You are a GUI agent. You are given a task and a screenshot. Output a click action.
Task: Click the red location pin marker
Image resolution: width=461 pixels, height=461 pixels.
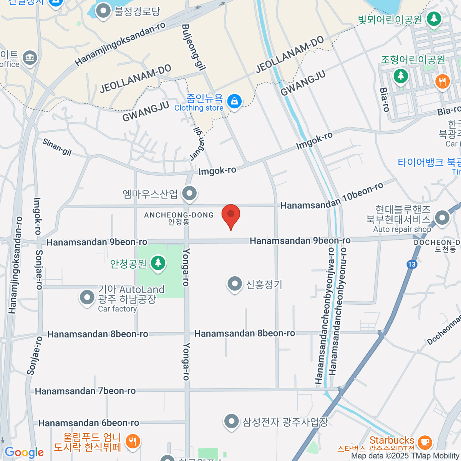(x=231, y=215)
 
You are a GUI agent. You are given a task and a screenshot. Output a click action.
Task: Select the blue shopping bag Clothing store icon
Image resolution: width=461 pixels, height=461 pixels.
(x=234, y=102)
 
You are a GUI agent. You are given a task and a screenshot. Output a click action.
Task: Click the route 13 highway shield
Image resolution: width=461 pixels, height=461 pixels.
(x=412, y=264)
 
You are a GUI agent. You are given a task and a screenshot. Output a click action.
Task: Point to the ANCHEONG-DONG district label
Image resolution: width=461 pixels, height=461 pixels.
(x=179, y=215)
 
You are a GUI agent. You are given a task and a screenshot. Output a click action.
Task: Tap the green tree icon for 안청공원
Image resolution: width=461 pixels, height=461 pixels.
(x=158, y=264)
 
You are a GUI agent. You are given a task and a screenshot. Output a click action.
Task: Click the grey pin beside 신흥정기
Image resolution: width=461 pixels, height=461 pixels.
(x=234, y=284)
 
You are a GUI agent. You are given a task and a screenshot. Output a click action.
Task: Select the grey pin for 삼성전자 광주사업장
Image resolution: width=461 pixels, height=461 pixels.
(x=231, y=421)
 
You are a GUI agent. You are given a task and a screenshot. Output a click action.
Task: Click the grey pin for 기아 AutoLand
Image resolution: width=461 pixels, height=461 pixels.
(x=87, y=298)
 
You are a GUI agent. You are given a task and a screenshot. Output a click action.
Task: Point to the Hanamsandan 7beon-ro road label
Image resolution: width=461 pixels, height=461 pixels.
(x=85, y=391)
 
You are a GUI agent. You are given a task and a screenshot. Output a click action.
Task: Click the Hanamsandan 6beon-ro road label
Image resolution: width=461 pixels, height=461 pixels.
(x=89, y=423)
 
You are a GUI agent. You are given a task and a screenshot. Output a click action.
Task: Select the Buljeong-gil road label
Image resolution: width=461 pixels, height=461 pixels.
(x=193, y=47)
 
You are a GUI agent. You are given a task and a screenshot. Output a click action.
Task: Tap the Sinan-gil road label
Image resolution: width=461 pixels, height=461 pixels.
(x=57, y=147)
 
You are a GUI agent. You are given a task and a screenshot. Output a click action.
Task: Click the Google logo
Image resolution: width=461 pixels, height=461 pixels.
(x=24, y=453)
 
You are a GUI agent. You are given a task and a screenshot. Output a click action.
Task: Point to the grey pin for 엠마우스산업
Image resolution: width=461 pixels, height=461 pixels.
(x=189, y=194)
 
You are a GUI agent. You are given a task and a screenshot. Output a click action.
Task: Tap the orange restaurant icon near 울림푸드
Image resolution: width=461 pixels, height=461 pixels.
(x=133, y=442)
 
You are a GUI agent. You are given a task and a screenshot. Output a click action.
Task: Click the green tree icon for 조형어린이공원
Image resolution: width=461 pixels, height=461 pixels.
(x=401, y=75)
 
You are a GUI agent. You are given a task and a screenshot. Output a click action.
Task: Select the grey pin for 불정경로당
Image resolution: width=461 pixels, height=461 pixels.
(x=103, y=12)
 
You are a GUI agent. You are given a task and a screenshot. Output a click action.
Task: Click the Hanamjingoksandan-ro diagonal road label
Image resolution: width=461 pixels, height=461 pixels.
(x=120, y=44)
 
